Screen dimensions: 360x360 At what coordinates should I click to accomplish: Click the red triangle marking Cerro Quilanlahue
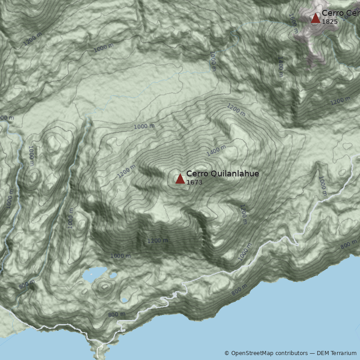pyautogui.click(x=180, y=179)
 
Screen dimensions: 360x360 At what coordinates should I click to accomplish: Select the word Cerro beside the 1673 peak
pyautogui.click(x=196, y=174)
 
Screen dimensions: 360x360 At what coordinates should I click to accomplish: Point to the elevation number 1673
pyautogui.click(x=194, y=182)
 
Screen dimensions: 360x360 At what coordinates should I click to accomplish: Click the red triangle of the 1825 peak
pyautogui.click(x=315, y=18)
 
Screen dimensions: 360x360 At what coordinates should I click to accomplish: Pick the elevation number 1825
pyautogui.click(x=329, y=22)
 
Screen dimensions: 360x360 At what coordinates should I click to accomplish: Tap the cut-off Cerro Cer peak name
pyautogui.click(x=340, y=13)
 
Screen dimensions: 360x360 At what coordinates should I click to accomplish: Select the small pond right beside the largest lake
pyautogui.click(x=113, y=274)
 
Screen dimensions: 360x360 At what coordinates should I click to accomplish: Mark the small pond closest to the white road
pyautogui.click(x=124, y=299)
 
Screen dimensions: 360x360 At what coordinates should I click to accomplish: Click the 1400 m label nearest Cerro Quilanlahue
pyautogui.click(x=216, y=150)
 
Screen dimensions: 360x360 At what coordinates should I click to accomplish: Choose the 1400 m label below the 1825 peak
pyautogui.click(x=280, y=67)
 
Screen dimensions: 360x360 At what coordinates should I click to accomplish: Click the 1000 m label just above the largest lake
pyautogui.click(x=120, y=256)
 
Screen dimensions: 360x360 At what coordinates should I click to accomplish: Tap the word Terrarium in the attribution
pyautogui.click(x=342, y=353)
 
